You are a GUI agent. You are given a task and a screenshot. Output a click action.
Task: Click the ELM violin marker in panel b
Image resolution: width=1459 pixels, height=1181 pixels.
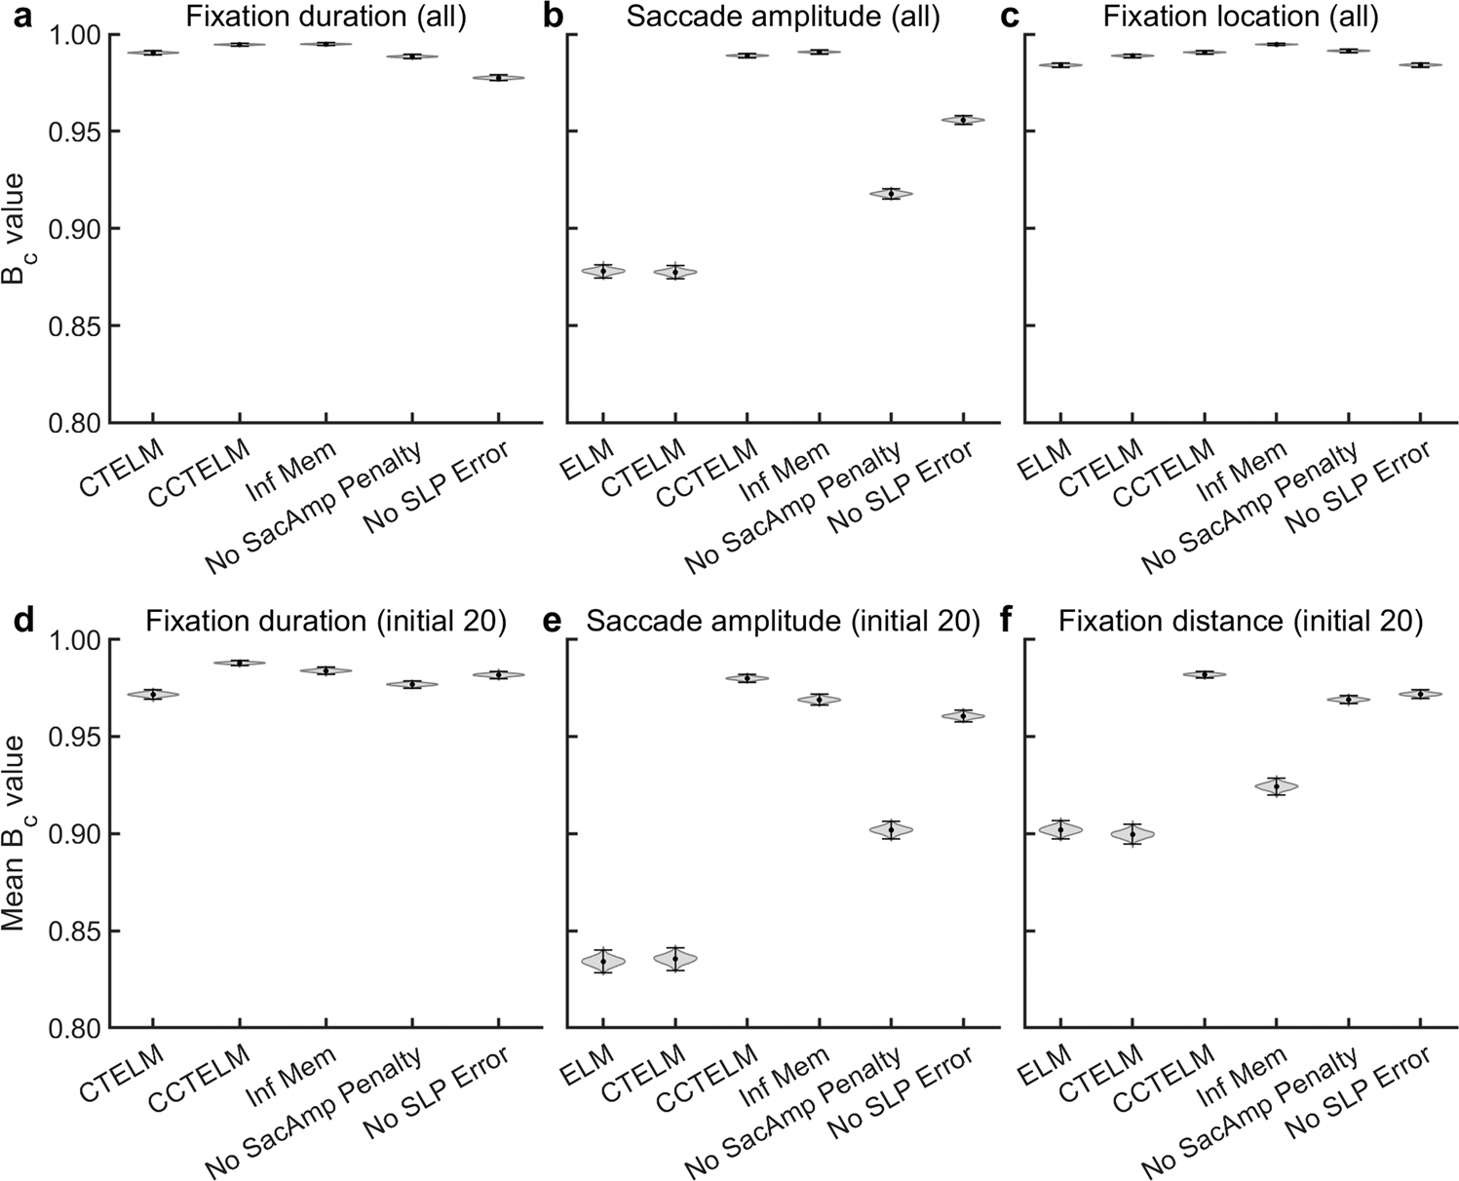point(603,271)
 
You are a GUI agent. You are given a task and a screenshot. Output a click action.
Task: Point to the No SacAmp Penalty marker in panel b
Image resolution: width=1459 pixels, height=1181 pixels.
point(890,193)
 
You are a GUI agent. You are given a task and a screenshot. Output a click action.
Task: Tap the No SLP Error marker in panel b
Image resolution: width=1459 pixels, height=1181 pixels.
point(962,120)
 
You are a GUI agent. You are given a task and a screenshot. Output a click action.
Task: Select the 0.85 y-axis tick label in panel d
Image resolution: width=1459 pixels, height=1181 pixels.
point(68,932)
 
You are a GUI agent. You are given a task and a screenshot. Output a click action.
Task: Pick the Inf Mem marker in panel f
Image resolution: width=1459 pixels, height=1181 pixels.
point(1276,785)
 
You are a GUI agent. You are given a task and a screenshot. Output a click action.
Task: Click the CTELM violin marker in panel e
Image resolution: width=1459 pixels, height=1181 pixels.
point(674,959)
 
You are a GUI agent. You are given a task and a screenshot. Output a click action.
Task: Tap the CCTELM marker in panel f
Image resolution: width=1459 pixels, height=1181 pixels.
point(1204,674)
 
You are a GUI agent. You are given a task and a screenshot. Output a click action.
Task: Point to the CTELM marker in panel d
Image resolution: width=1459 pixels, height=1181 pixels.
point(153,695)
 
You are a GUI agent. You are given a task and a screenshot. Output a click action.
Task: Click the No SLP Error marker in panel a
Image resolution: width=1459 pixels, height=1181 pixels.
point(498,77)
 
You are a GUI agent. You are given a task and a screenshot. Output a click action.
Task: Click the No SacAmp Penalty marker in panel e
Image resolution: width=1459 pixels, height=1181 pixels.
point(890,829)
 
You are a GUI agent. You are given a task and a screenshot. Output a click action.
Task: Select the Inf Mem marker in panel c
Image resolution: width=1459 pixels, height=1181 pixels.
point(1276,44)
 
